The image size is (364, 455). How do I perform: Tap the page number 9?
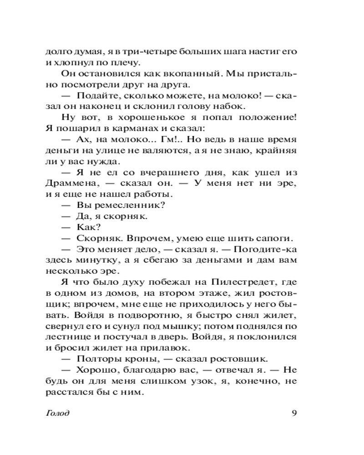pyautogui.click(x=294, y=413)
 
